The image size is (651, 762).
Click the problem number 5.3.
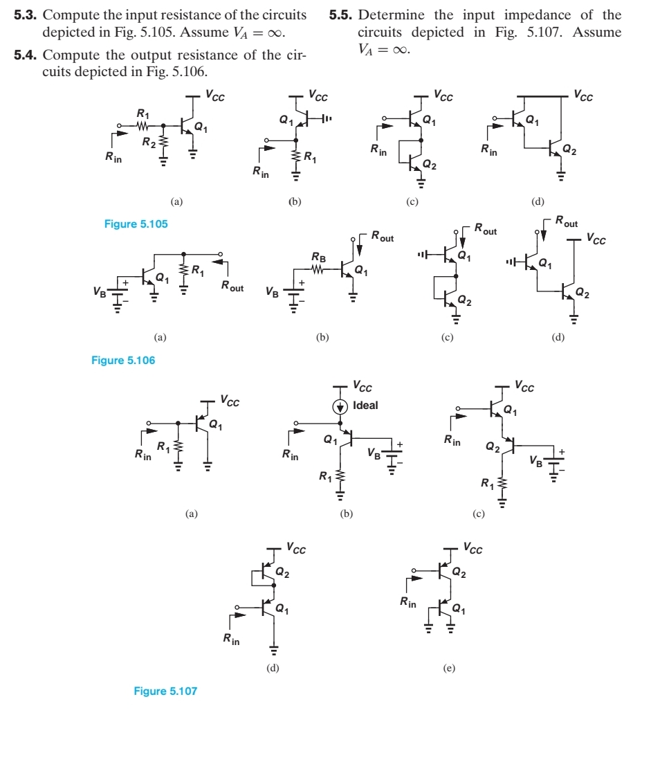27,15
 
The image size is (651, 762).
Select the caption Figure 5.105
136,224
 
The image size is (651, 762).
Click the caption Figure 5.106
123,360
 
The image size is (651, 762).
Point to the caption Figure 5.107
165,691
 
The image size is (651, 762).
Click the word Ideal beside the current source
365,406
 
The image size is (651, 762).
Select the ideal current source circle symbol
340,406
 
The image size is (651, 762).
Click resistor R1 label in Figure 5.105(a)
143,114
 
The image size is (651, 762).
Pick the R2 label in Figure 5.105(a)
147,143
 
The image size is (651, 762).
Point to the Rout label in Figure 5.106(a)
232,287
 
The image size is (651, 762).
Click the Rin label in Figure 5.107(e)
408,604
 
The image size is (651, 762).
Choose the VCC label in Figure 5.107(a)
230,400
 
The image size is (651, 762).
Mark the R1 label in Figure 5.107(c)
487,482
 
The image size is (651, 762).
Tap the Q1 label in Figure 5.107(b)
330,439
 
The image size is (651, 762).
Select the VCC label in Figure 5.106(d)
596,239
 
